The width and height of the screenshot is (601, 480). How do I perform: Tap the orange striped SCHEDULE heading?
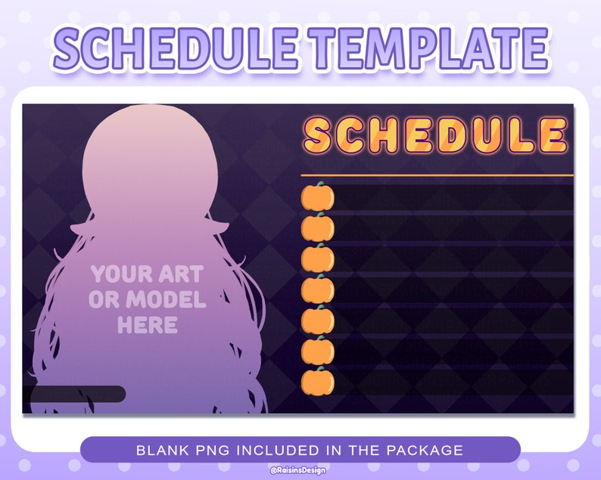point(435,136)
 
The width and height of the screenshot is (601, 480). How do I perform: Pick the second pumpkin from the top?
point(318,228)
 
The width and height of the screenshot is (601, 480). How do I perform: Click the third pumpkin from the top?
point(318,259)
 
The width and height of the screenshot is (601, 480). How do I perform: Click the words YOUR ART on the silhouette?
point(147,274)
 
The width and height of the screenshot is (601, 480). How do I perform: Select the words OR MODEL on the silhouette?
point(147,300)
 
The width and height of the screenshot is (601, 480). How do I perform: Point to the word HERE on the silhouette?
point(148,326)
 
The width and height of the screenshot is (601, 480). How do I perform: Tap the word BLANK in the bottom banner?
point(161,451)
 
